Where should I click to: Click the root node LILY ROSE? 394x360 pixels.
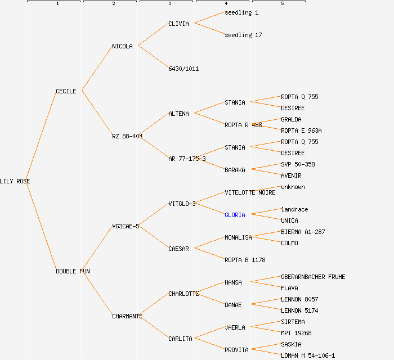click(15, 181)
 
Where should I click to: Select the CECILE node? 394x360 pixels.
click(66, 91)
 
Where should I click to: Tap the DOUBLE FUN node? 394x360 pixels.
click(73, 271)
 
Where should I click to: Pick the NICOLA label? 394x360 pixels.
click(122, 46)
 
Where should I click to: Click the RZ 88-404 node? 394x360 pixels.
click(127, 136)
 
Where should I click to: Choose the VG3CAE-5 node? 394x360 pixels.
click(126, 226)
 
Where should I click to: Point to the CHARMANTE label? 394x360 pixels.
click(127, 316)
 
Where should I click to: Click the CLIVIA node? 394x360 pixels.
click(178, 24)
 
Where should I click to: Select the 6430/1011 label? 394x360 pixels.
click(183, 69)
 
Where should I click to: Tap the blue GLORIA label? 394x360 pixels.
click(235, 215)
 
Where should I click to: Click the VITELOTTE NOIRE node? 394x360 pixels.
click(250, 192)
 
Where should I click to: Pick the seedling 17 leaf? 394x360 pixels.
click(243, 35)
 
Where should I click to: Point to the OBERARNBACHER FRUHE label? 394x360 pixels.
click(313, 277)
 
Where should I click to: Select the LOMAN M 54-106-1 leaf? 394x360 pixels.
click(308, 355)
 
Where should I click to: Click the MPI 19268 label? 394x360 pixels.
click(296, 333)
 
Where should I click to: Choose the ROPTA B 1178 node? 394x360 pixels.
click(245, 260)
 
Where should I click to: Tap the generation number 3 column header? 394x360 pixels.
click(170, 4)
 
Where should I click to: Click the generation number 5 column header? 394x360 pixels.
click(283, 4)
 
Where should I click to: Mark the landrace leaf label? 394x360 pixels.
click(294, 209)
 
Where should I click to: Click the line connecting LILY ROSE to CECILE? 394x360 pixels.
click(42, 136)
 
